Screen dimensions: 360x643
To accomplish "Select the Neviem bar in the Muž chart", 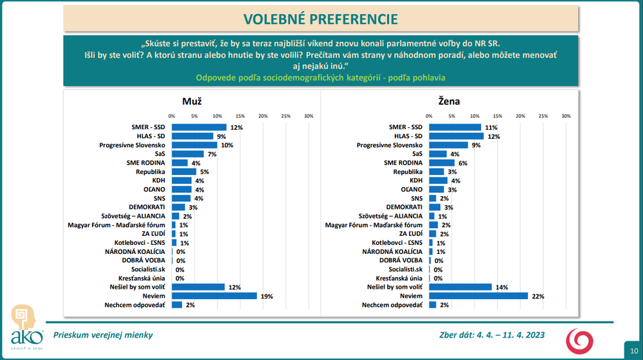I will pyautogui.click(x=214, y=296).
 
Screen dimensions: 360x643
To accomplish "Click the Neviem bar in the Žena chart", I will pyautogui.click(x=478, y=296).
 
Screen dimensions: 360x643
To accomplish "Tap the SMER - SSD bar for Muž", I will pyautogui.click(x=199, y=127).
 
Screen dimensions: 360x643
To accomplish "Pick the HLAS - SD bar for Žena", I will pyautogui.click(x=456, y=136).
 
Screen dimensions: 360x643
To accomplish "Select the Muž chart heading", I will pyautogui.click(x=192, y=101).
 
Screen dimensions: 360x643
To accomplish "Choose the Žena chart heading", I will pyautogui.click(x=449, y=101).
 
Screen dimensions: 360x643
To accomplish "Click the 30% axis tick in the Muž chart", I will pyautogui.click(x=308, y=116).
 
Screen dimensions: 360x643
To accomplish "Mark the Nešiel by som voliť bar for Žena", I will pyautogui.click(x=460, y=287).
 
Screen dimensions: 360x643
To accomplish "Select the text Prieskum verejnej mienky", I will pyautogui.click(x=103, y=334).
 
